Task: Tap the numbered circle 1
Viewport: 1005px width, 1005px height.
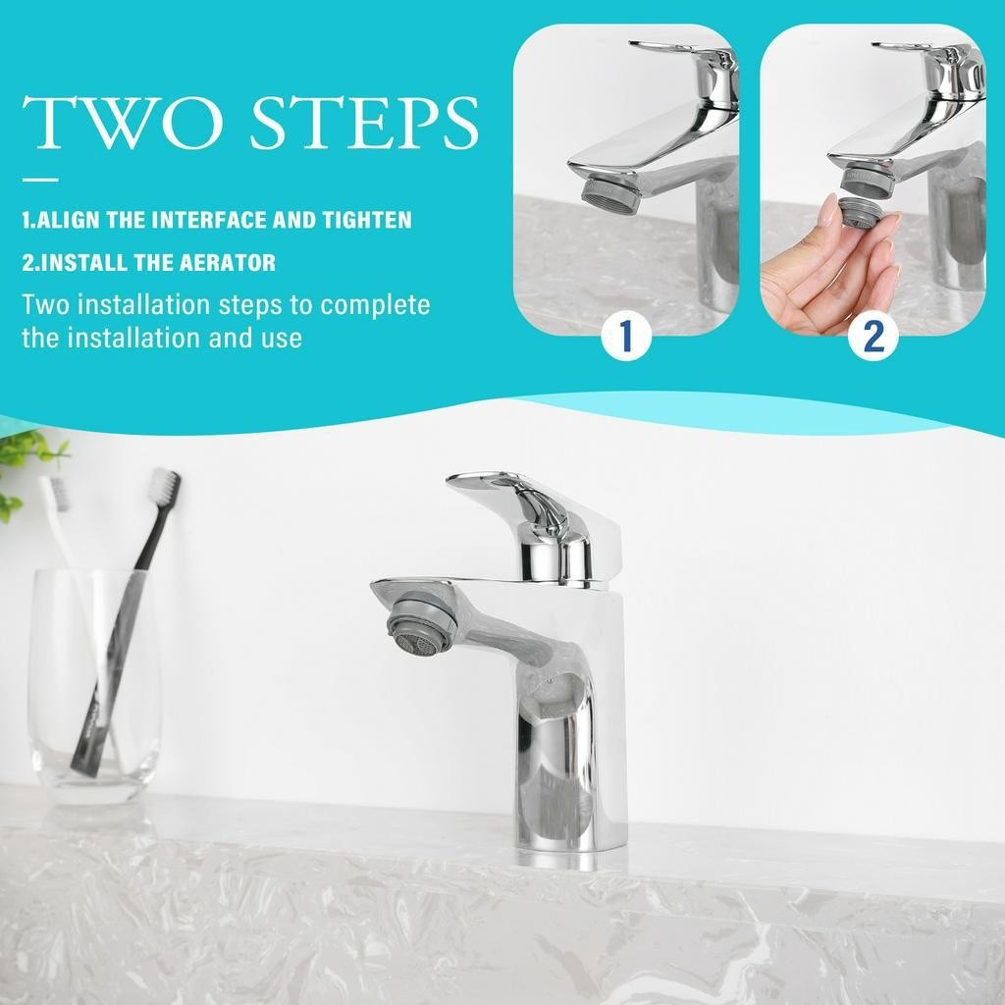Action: [626, 336]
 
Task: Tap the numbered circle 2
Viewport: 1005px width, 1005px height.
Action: [873, 336]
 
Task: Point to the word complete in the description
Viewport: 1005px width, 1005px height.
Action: [375, 306]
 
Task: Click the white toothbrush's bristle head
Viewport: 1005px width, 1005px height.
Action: [55, 493]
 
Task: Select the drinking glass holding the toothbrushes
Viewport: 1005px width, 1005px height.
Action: [95, 686]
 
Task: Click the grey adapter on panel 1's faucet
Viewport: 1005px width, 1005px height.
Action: [608, 195]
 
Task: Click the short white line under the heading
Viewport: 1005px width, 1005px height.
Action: [40, 181]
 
